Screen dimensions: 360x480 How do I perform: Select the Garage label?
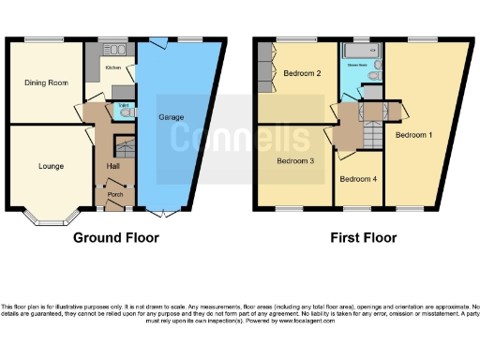170,117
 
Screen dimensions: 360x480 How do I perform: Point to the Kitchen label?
112,68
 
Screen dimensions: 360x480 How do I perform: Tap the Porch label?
115,194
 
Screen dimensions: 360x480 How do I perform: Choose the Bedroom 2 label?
303,73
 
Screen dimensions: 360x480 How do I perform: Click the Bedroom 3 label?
295,160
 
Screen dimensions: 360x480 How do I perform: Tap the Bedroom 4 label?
358,178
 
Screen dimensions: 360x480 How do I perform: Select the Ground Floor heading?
115,238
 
